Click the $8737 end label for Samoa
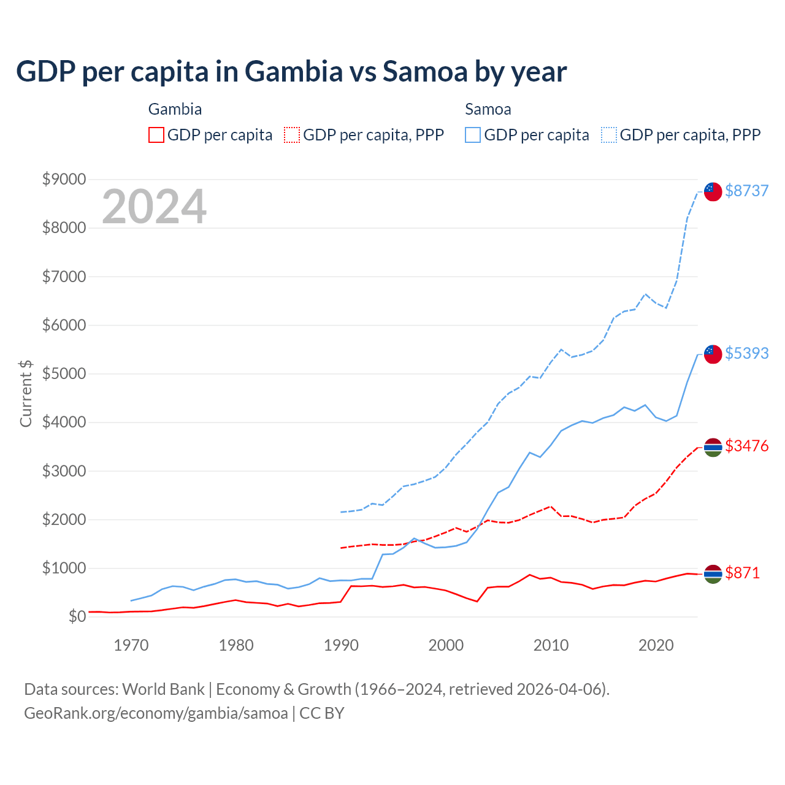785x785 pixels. [746, 191]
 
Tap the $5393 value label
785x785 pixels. [746, 353]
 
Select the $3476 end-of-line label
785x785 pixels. [746, 446]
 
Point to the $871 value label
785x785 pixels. [742, 573]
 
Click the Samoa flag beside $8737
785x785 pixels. [713, 191]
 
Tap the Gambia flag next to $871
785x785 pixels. [713, 574]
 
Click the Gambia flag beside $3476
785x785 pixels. [713, 448]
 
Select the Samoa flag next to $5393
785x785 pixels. [713, 354]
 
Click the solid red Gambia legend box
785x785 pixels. [156, 135]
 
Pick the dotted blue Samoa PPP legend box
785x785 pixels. [609, 135]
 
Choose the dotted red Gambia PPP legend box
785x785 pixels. [292, 135]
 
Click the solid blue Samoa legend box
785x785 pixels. [473, 135]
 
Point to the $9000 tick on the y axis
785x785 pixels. [64, 179]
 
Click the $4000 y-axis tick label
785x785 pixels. [64, 422]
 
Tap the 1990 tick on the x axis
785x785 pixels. [341, 645]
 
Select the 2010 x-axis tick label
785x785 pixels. [551, 645]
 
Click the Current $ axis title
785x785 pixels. [26, 394]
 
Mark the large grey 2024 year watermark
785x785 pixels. [154, 207]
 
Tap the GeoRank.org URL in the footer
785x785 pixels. [156, 713]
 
